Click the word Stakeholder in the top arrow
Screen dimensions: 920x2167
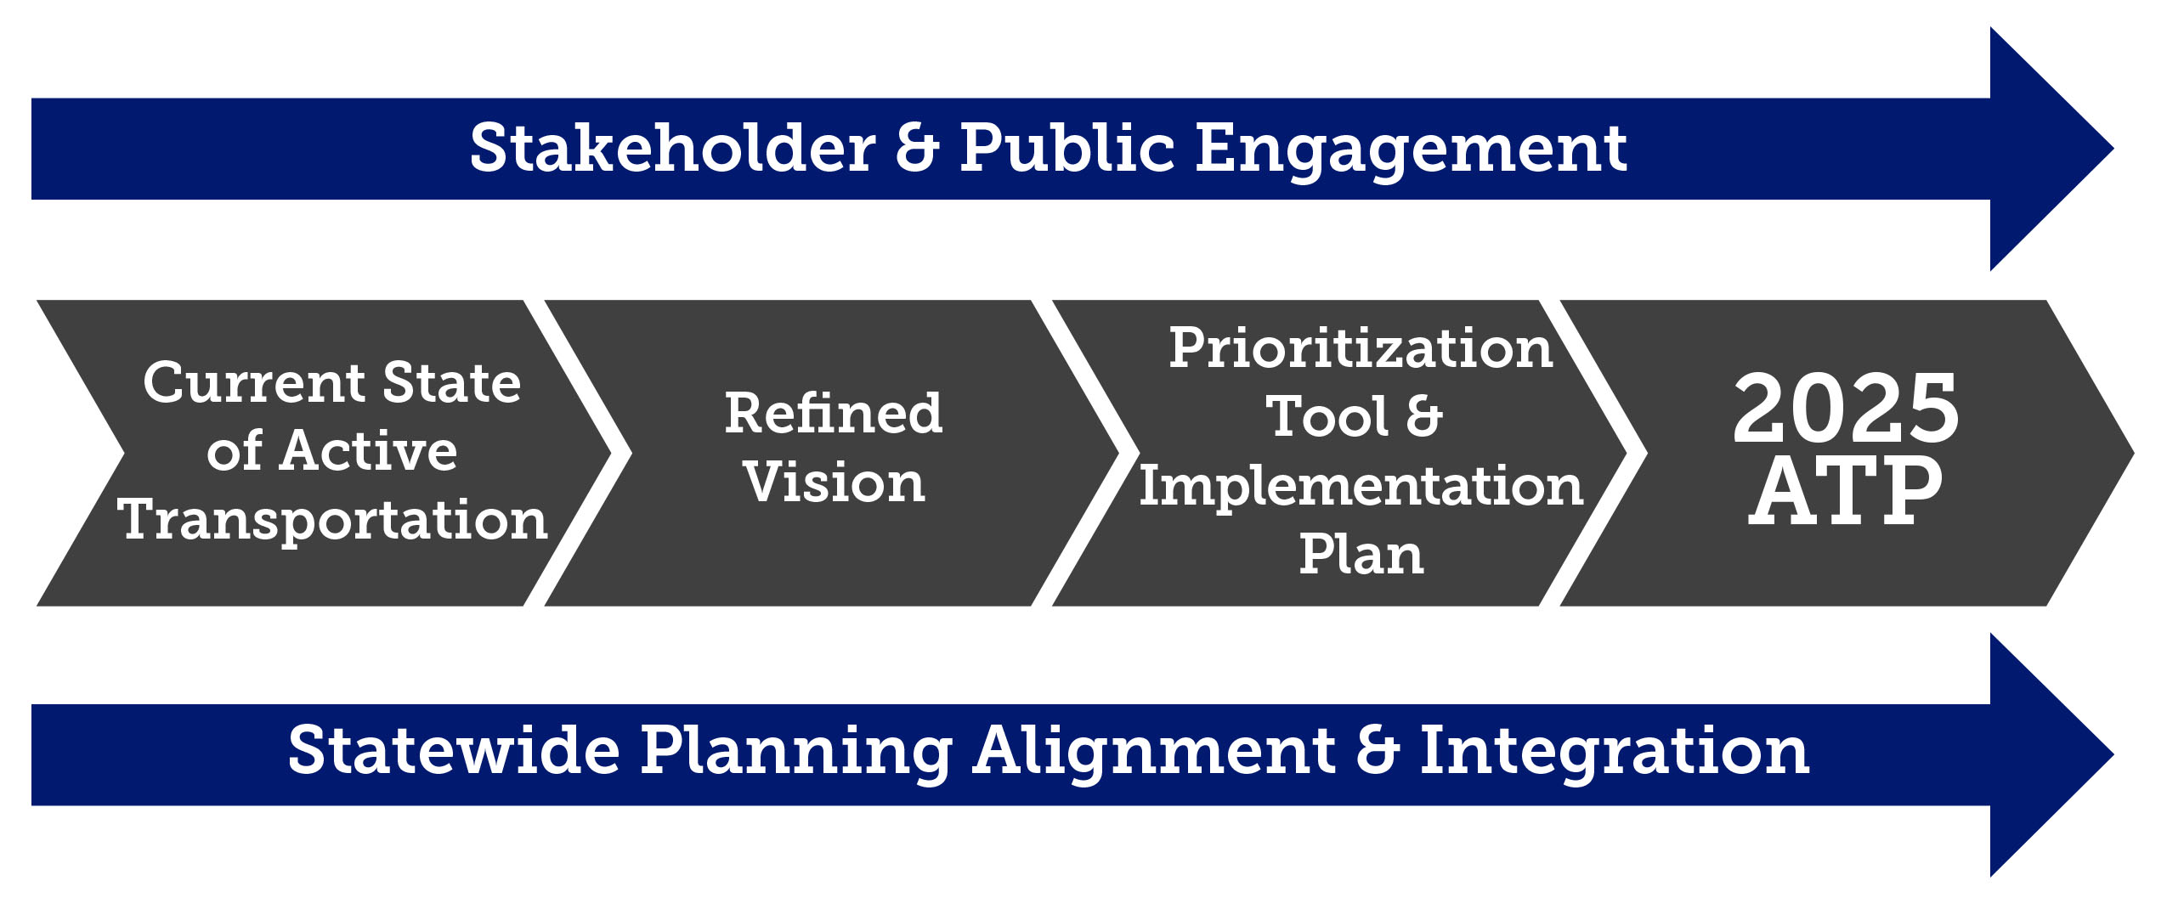coord(671,149)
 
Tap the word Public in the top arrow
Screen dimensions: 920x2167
coord(1067,149)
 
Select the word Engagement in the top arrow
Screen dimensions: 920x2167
coord(1411,151)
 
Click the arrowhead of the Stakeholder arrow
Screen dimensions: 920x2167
coord(2048,149)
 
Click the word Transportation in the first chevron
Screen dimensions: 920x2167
coord(332,520)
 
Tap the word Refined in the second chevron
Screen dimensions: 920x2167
coord(833,414)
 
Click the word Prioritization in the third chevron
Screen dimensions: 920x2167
coord(1361,348)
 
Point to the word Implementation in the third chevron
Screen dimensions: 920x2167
coord(1361,487)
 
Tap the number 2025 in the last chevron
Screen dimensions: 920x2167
coord(1845,409)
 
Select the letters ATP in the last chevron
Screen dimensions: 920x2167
coord(1845,490)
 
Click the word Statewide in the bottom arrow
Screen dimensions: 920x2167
coord(454,751)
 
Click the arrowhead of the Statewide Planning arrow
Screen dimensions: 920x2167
coord(2048,754)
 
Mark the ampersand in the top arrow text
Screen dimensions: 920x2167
coord(918,149)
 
